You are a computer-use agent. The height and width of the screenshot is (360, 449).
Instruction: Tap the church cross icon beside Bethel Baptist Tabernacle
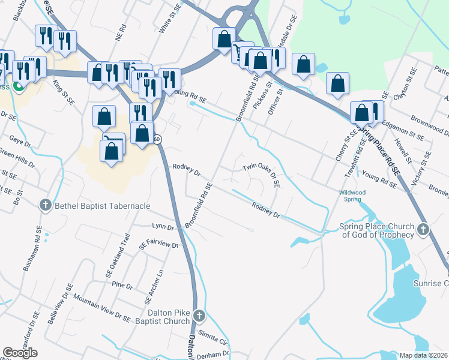point(45,206)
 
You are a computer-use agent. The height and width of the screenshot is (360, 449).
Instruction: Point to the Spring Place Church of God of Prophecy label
point(377,231)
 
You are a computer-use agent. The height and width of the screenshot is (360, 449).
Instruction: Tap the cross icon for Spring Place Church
point(423,229)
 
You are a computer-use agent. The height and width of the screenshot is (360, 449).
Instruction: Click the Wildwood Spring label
point(352,196)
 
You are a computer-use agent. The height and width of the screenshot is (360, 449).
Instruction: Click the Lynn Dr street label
point(163,227)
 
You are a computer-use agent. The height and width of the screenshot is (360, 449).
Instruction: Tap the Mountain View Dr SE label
point(101,306)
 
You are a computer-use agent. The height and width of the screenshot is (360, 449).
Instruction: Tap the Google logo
point(20,353)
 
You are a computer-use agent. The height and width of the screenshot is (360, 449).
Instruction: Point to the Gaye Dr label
point(20,143)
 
